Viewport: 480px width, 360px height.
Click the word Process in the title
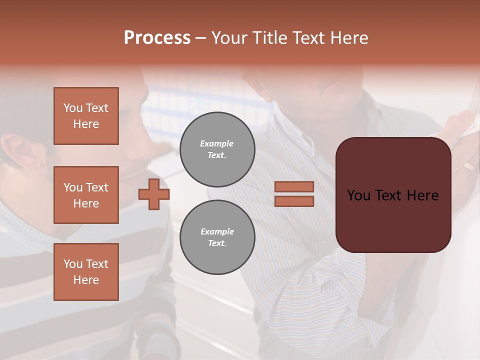[157, 38]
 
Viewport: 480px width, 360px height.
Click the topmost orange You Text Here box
[86, 116]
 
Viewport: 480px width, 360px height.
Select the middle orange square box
[86, 195]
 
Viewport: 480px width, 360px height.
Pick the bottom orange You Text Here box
[86, 272]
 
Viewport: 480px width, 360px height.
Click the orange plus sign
[154, 194]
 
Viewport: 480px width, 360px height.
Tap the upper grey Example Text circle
[217, 149]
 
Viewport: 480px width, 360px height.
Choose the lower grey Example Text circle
[217, 237]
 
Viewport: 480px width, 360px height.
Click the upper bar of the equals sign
[294, 186]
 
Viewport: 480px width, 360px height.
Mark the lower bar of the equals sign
[294, 201]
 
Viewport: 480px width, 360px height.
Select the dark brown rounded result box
[393, 195]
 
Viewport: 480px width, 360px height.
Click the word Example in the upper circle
[217, 143]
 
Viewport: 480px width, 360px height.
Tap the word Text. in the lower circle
[217, 243]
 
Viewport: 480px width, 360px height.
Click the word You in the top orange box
[72, 108]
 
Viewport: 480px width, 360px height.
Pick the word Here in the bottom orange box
[86, 280]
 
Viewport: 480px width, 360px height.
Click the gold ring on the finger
[468, 166]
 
